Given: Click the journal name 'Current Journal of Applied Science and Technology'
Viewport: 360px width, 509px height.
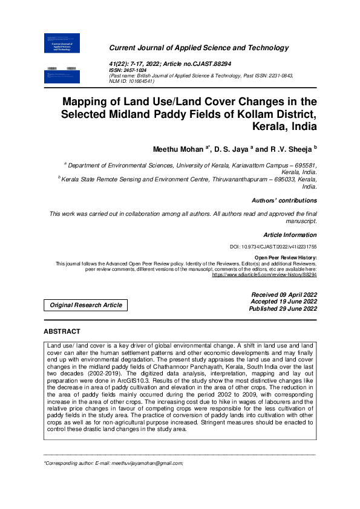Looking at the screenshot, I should coord(198,48).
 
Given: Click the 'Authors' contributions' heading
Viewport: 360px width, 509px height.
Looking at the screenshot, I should coord(284,200).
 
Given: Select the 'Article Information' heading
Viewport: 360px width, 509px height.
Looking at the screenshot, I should coord(290,235).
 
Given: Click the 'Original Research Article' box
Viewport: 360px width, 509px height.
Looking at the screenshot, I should coord(86,305).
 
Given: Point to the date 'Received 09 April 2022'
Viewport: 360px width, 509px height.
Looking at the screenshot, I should coord(284,294).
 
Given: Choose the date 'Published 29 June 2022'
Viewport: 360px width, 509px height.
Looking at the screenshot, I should coord(283,308).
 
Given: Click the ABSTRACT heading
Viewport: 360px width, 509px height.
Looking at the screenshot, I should coord(62,331).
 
